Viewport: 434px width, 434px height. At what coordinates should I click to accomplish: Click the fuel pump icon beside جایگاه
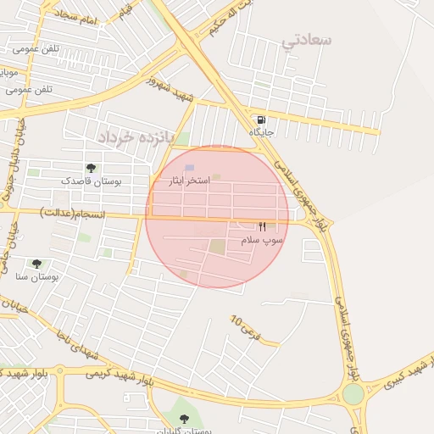pyautogui.click(x=259, y=119)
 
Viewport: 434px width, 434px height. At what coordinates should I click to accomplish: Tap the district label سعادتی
pyautogui.click(x=308, y=39)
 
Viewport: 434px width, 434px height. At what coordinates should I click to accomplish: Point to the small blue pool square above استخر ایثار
pyautogui.click(x=189, y=168)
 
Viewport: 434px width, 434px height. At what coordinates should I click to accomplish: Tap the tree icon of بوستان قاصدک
pyautogui.click(x=91, y=168)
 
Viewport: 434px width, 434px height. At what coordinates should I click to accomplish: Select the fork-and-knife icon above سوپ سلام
pyautogui.click(x=262, y=227)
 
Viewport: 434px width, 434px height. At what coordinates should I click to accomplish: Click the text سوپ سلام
pyautogui.click(x=263, y=241)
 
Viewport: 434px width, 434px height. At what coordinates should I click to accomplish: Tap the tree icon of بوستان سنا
pyautogui.click(x=36, y=264)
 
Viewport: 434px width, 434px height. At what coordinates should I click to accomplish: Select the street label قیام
pyautogui.click(x=126, y=12)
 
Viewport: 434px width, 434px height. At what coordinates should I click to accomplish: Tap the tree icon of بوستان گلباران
pyautogui.click(x=185, y=418)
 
